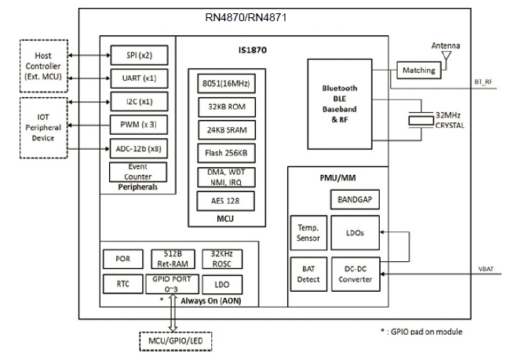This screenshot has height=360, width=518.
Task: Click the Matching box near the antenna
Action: click(x=418, y=70)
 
